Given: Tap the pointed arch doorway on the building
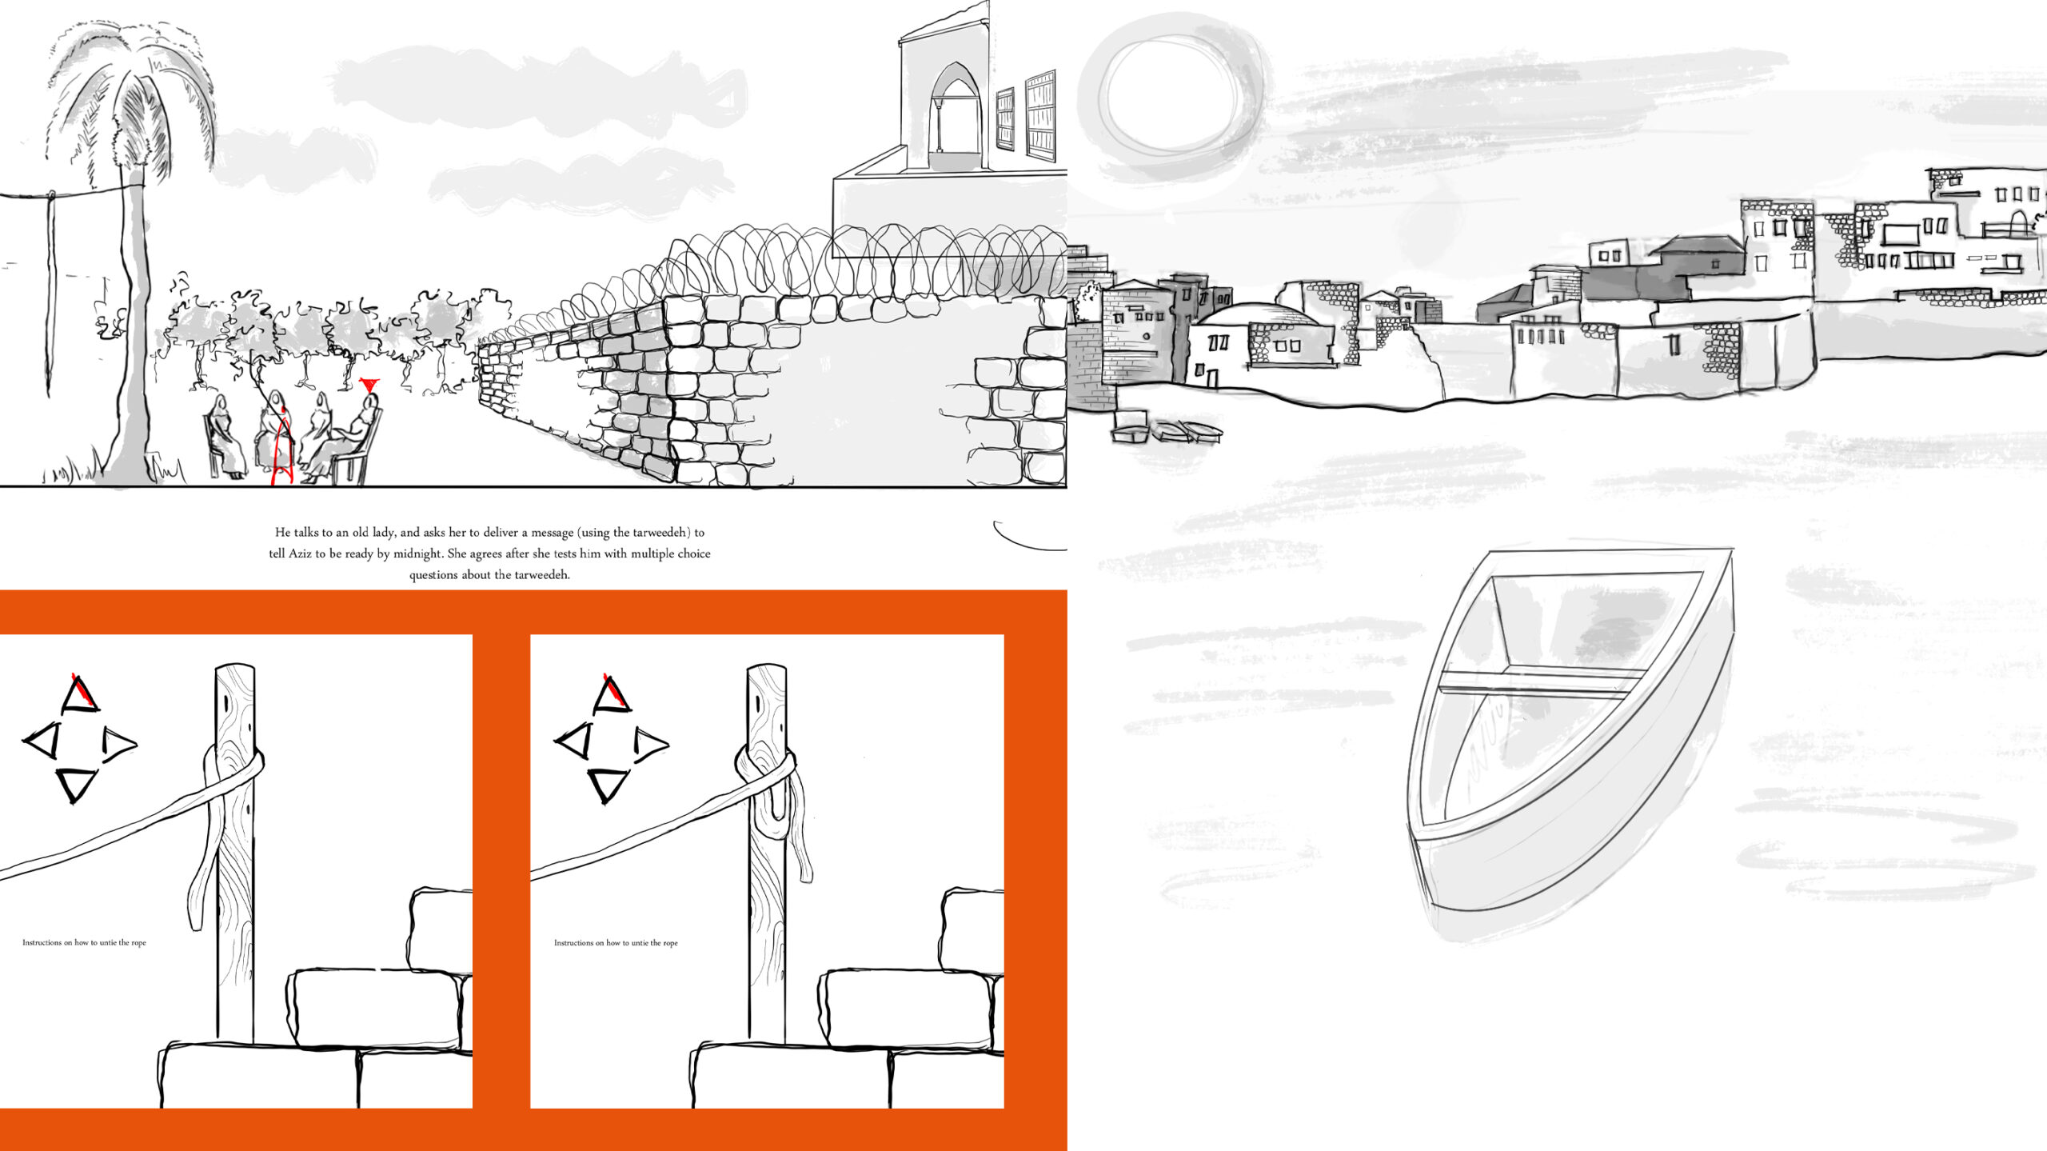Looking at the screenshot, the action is [x=956, y=112].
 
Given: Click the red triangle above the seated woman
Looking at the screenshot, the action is [x=369, y=385].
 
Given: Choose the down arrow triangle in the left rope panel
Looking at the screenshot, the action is [x=78, y=785].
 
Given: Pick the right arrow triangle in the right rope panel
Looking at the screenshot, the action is [x=649, y=744].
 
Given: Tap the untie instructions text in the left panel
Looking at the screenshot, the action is [x=84, y=943].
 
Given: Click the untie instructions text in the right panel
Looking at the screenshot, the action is [x=616, y=943].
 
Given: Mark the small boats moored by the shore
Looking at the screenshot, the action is [x=1167, y=430].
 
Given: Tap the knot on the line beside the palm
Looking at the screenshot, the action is [x=51, y=196].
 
